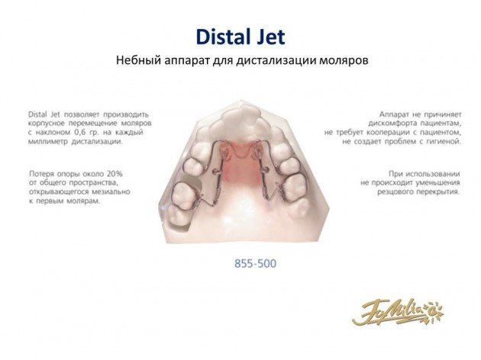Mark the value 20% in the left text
click(115, 174)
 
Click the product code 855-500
click(255, 263)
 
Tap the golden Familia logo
click(398, 312)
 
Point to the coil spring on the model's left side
click(216, 194)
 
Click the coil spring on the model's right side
click(264, 191)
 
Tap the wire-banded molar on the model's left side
click(183, 195)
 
